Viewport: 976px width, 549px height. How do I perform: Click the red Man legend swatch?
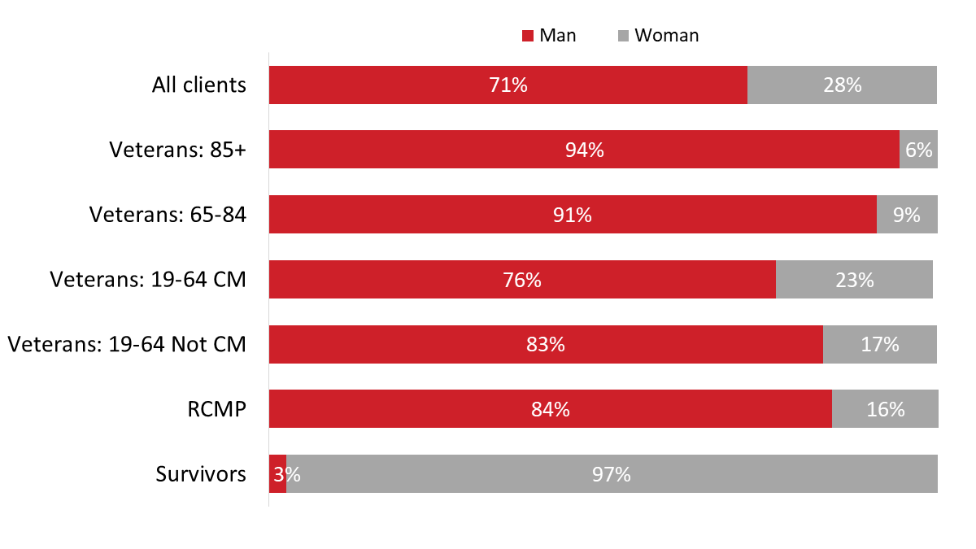point(527,36)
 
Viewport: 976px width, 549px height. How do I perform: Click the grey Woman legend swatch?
point(623,36)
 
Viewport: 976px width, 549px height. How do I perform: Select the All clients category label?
point(198,85)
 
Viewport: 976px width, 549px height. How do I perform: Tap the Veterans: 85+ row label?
point(177,150)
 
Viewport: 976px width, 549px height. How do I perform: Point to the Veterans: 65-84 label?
point(167,215)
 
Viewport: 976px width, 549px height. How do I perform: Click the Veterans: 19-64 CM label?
point(148,280)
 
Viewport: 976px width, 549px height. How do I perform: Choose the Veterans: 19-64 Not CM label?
point(127,344)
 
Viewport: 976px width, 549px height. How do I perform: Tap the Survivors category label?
point(201,474)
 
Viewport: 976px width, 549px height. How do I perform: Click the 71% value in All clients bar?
point(508,85)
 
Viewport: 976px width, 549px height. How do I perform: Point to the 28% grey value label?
point(842,85)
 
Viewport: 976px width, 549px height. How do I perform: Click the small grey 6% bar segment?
point(918,150)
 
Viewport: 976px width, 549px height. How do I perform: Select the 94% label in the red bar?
point(584,150)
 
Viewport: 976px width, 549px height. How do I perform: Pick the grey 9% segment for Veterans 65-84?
point(907,215)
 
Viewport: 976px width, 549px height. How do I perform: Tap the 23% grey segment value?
point(854,280)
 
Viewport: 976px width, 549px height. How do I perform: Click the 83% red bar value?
point(545,344)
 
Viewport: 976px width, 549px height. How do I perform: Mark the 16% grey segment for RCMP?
point(885,409)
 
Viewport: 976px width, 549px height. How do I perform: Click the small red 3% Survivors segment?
point(277,474)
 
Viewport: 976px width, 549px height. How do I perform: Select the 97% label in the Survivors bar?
point(612,474)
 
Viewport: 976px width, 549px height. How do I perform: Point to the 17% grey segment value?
point(880,344)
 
